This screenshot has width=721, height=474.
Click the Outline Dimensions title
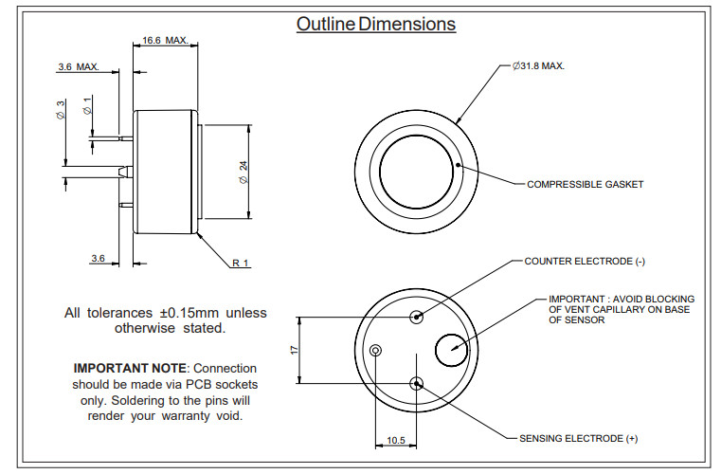[x=375, y=25]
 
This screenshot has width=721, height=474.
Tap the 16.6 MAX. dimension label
[x=165, y=41]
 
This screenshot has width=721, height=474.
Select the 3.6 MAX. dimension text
[x=78, y=67]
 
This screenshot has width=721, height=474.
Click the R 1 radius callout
[x=241, y=263]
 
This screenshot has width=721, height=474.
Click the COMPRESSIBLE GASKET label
[x=585, y=184]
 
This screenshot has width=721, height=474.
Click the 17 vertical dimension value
[x=295, y=350]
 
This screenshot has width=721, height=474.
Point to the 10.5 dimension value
[x=395, y=441]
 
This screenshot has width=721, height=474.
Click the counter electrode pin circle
[x=416, y=317]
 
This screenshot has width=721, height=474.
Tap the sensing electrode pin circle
[x=416, y=383]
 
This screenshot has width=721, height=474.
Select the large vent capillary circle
[x=451, y=350]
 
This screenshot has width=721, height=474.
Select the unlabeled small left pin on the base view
[x=376, y=350]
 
